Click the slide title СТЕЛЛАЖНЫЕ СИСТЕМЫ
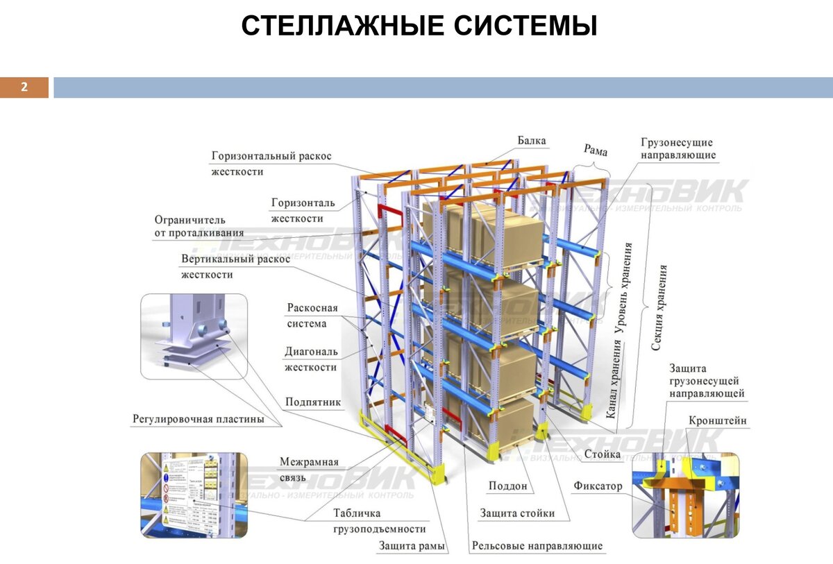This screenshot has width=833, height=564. click(x=419, y=26)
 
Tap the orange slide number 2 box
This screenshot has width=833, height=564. click(x=24, y=87)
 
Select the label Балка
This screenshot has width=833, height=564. click(x=531, y=141)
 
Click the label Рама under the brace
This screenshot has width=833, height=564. click(x=595, y=151)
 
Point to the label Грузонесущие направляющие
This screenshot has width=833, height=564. click(x=678, y=149)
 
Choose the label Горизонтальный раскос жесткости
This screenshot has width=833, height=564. click(x=271, y=164)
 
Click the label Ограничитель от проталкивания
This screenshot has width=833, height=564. click(x=199, y=227)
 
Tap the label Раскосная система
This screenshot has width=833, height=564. click(x=312, y=316)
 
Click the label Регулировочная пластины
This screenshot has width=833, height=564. click(x=199, y=420)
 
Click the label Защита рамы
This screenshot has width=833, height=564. click(x=412, y=546)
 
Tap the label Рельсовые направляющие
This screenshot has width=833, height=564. click(x=537, y=546)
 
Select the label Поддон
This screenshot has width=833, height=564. click(x=507, y=486)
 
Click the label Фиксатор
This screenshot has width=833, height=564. click(x=598, y=486)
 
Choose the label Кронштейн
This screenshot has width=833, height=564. click(x=718, y=421)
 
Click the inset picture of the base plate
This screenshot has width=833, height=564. click(x=194, y=336)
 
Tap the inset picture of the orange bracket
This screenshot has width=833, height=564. click(x=685, y=495)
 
